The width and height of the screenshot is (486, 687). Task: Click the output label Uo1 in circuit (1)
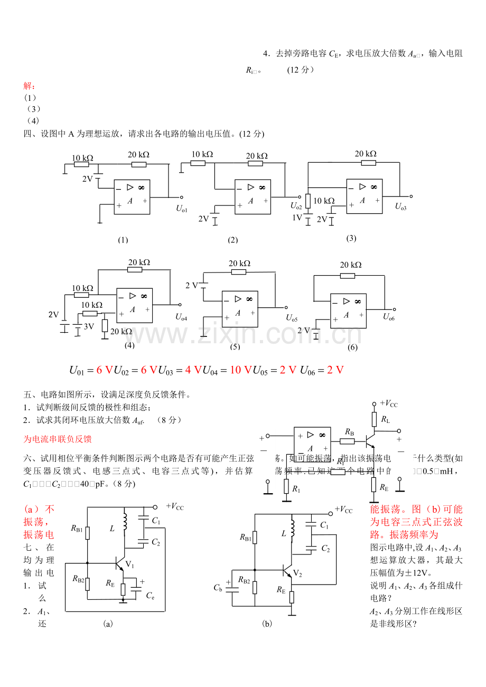coord(182,209)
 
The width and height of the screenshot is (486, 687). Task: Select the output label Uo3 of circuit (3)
coord(401,206)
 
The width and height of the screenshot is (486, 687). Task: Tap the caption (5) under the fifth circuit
coord(235,347)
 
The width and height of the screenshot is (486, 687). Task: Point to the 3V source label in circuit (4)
coord(89,326)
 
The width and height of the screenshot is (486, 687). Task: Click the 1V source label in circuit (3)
coord(297,217)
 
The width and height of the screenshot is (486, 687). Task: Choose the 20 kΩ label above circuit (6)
coord(351,265)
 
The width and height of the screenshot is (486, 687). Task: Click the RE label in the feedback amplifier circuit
coord(384,487)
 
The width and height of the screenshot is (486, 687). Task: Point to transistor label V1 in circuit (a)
coord(130,565)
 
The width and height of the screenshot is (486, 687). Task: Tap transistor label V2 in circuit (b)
coord(297,573)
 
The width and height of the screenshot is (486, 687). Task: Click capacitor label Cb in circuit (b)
coord(218,588)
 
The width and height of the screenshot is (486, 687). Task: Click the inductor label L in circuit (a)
coord(111,529)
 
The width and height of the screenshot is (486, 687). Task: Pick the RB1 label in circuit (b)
coord(245,538)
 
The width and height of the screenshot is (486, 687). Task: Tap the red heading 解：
coord(30,86)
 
